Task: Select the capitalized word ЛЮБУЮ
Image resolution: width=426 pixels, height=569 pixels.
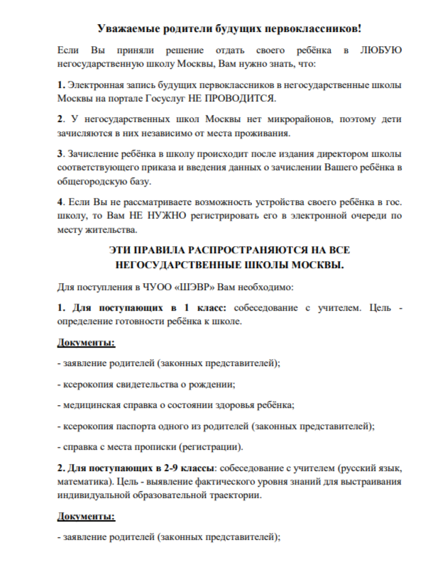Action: pyautogui.click(x=381, y=51)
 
